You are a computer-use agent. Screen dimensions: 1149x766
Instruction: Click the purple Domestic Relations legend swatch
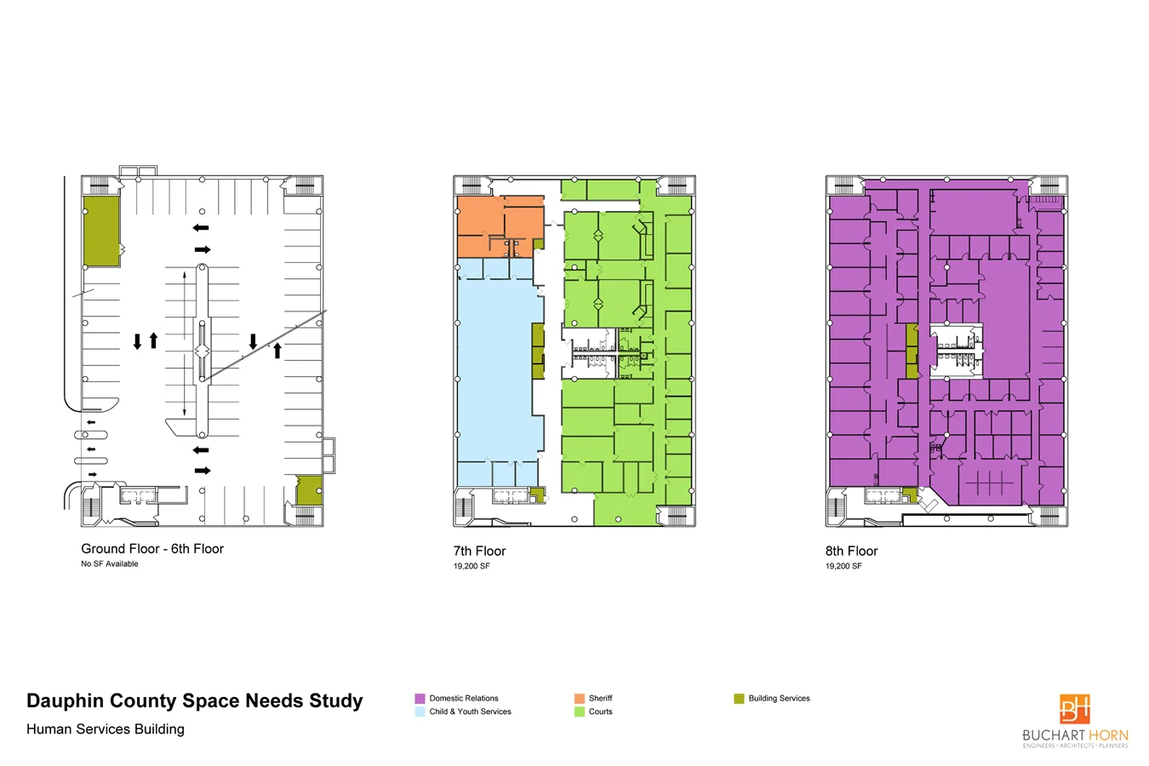(x=420, y=698)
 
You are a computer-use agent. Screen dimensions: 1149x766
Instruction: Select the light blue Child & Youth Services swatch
(x=420, y=712)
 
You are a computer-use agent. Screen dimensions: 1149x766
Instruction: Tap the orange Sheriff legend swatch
(x=579, y=698)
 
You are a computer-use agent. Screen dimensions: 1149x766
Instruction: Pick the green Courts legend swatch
(x=579, y=712)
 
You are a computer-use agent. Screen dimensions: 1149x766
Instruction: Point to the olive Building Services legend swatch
(x=739, y=698)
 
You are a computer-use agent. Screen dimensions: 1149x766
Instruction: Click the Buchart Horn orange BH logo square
(x=1075, y=708)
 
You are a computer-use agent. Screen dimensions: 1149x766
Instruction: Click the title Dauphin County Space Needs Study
(x=194, y=700)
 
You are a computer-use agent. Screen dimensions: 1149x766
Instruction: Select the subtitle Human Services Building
(x=106, y=729)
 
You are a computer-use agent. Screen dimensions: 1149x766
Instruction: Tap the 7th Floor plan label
(x=479, y=551)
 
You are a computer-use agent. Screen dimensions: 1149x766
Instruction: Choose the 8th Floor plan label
(x=851, y=551)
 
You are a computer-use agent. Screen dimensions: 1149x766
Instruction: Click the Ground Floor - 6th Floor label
(x=152, y=548)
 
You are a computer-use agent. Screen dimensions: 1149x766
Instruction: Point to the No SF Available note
(x=109, y=563)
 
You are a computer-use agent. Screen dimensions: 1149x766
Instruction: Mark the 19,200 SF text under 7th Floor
(x=472, y=566)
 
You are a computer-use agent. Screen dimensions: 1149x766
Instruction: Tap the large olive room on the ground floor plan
(x=101, y=232)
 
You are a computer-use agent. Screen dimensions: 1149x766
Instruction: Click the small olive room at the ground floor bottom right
(x=309, y=490)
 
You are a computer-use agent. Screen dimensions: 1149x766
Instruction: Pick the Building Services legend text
(x=779, y=698)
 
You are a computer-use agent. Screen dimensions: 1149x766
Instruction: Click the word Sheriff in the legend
(x=600, y=698)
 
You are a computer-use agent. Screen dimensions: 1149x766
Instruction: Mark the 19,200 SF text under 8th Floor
(x=843, y=566)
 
